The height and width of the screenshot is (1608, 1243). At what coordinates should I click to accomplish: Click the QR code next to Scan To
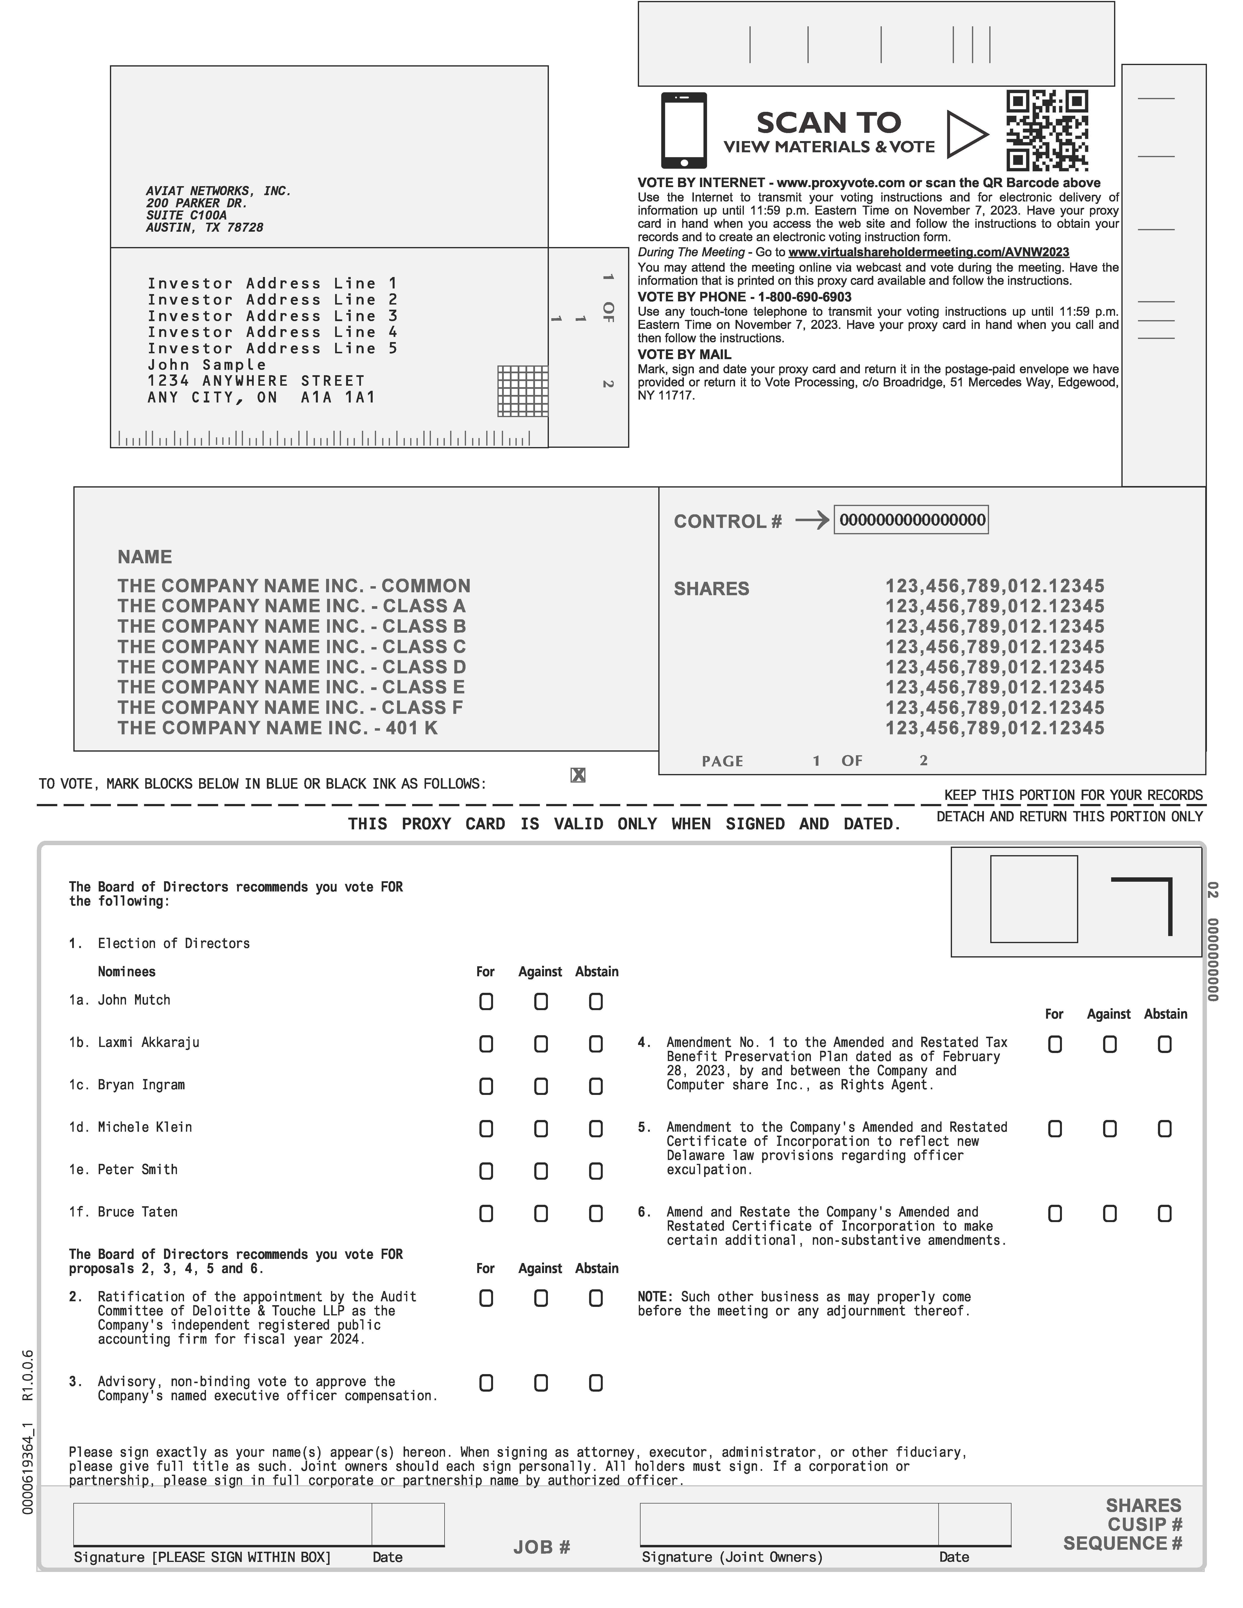pos(1047,131)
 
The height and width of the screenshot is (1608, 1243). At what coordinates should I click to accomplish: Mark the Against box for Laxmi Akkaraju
pos(541,1044)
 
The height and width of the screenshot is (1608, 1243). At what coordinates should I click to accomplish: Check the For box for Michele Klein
pos(486,1129)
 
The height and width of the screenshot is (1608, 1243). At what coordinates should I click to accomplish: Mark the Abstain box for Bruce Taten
pos(596,1213)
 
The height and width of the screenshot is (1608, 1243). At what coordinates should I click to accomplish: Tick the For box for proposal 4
pos(1055,1044)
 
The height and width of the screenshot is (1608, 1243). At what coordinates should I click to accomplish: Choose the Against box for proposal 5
pos(1110,1129)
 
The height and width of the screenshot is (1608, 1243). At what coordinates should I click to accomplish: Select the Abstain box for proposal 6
pos(1164,1213)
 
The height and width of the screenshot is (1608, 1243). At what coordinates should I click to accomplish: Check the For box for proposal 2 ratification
pos(486,1298)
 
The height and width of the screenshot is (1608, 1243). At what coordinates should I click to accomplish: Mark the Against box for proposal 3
pos(541,1383)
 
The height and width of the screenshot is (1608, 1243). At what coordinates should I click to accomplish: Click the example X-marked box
pos(578,775)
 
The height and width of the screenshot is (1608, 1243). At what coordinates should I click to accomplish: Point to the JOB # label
pos(542,1547)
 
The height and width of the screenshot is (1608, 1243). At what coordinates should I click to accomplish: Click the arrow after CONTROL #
pos(812,521)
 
